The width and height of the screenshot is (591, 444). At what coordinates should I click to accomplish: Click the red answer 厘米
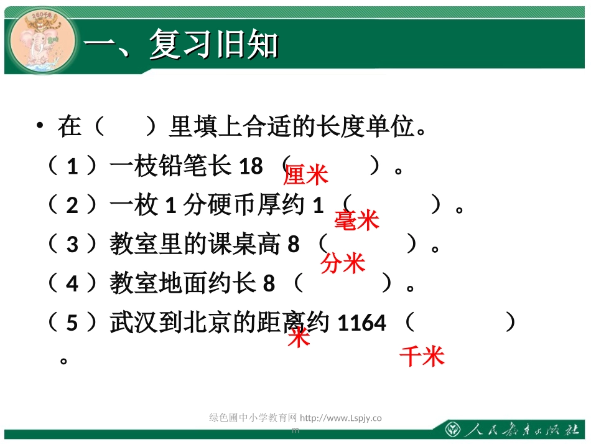305,176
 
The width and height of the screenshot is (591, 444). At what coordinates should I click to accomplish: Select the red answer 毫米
356,220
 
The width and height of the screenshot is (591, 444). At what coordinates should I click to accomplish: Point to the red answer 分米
343,263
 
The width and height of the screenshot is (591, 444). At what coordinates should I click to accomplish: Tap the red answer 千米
422,356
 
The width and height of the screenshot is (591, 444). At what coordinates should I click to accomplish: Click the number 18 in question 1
251,166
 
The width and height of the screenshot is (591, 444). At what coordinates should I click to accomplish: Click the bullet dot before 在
40,126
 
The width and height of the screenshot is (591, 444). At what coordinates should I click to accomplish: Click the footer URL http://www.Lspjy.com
341,418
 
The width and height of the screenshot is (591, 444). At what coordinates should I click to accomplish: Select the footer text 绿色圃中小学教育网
253,418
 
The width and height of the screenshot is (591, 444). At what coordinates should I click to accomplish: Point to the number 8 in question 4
269,284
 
